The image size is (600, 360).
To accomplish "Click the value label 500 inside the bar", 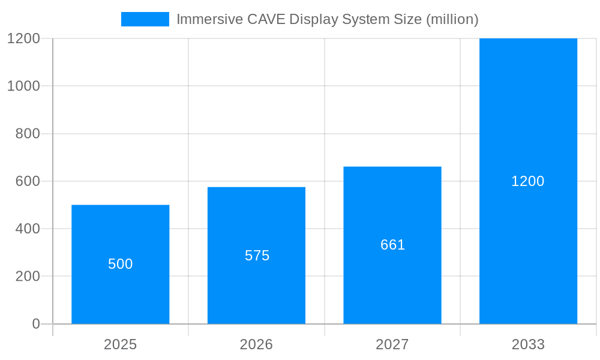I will (x=120, y=264).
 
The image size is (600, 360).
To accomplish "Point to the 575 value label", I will (x=257, y=256).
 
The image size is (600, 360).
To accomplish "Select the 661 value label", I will (x=392, y=245).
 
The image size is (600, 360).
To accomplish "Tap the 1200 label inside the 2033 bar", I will (x=527, y=181).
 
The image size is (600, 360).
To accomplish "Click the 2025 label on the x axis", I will (x=120, y=344).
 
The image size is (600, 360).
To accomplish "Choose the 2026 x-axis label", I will (x=256, y=344).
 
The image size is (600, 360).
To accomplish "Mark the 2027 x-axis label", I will (x=392, y=344).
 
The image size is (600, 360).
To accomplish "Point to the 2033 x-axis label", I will (x=528, y=344).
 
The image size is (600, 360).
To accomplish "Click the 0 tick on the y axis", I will (x=35, y=324).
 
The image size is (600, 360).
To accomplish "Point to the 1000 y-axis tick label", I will (x=23, y=86).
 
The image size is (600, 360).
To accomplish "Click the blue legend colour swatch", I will (x=145, y=19).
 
